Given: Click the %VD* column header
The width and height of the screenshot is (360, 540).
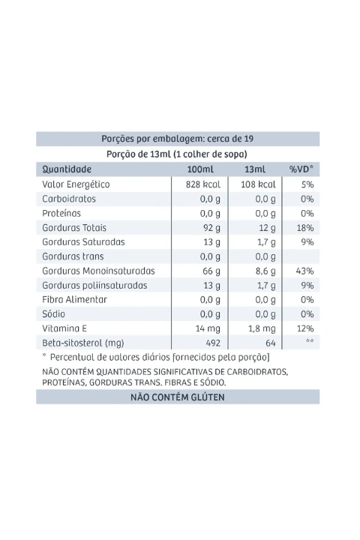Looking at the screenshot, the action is [x=301, y=169].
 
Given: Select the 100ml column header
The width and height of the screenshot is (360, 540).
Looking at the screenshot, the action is [x=200, y=169].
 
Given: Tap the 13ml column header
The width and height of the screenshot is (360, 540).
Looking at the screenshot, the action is [x=255, y=169].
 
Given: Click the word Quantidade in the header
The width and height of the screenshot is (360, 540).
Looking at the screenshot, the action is [x=67, y=169].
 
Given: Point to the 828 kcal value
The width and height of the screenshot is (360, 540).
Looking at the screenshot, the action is [x=203, y=184].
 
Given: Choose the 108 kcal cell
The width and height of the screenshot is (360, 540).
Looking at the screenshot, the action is [x=258, y=184].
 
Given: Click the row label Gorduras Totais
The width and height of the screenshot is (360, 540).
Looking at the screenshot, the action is [x=74, y=228].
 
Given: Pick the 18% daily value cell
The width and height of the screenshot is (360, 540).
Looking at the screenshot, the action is [x=305, y=228].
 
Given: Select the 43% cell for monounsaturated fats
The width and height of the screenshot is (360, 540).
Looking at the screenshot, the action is [x=305, y=271].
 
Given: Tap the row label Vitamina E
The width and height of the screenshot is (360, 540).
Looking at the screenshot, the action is [x=64, y=328].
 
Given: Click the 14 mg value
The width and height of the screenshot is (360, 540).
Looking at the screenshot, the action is [x=208, y=328].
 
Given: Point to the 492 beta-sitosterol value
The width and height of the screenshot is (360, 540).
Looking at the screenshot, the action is [x=213, y=343].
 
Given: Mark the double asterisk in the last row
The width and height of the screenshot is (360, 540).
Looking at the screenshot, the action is [x=310, y=341].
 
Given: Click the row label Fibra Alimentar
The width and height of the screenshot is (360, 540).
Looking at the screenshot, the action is [x=75, y=299].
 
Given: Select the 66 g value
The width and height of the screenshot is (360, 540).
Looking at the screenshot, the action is [x=211, y=271].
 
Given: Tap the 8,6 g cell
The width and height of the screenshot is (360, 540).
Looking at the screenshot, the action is [x=265, y=271].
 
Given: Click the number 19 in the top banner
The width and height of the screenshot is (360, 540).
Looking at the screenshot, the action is [x=249, y=139].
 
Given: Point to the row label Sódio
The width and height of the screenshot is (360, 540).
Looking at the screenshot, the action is [x=53, y=314].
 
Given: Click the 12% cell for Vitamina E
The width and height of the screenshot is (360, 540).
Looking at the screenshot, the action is [x=305, y=328].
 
